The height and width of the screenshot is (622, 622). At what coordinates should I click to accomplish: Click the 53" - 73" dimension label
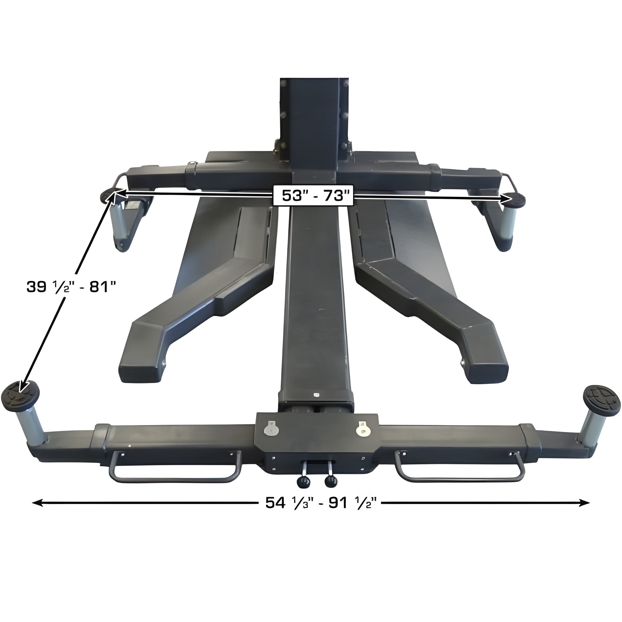coord(313,195)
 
